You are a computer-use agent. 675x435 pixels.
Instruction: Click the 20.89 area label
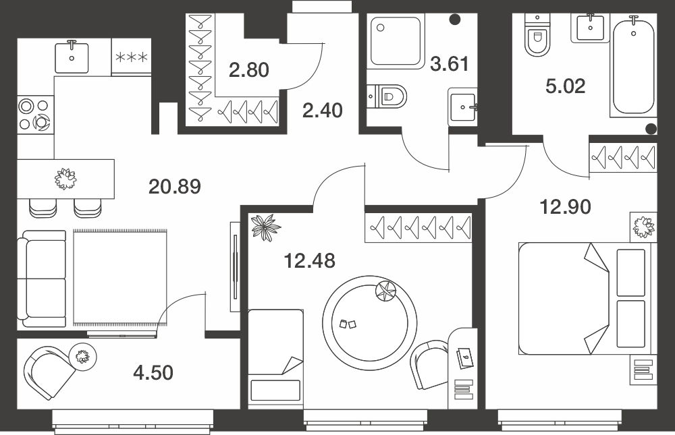[x=175, y=187]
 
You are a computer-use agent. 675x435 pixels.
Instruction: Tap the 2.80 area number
[x=249, y=69]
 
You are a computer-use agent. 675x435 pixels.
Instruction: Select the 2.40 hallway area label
[x=323, y=111]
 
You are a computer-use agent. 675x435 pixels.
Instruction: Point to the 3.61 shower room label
[x=450, y=63]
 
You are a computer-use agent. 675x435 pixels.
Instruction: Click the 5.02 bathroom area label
[x=565, y=86]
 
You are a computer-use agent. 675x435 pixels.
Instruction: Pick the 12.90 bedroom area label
[x=565, y=207]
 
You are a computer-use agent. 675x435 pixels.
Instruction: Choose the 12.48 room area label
[x=310, y=261]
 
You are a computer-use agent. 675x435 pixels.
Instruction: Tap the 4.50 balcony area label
[x=153, y=372]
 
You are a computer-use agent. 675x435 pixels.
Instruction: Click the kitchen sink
[x=72, y=57]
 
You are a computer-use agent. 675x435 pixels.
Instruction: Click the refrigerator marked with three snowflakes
[x=132, y=57]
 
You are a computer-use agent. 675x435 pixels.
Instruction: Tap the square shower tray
[x=396, y=42]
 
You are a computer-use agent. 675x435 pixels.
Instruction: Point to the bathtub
[x=634, y=65]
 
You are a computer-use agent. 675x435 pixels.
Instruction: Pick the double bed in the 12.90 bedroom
[x=585, y=299]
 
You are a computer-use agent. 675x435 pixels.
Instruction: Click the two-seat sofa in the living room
[x=42, y=279]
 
